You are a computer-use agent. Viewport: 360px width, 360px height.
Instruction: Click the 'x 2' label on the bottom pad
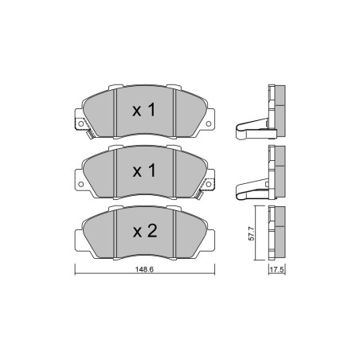[x=145, y=231]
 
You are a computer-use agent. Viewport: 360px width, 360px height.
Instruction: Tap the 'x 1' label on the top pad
[x=144, y=110]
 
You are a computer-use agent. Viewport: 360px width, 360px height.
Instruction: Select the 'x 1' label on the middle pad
[x=144, y=170]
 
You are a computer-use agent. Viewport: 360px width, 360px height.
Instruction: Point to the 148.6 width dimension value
[x=144, y=269]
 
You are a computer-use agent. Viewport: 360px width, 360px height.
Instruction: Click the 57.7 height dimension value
[x=252, y=233]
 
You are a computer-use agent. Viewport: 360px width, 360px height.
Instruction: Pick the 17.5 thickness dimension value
[x=277, y=270]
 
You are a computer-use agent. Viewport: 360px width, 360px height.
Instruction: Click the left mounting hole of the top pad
[x=81, y=123]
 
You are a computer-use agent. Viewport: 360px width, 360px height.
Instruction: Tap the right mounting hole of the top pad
[x=209, y=123]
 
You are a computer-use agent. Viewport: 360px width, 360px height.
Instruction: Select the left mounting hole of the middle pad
[x=81, y=184]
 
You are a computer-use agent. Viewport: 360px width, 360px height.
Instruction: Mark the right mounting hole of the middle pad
[x=209, y=184]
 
